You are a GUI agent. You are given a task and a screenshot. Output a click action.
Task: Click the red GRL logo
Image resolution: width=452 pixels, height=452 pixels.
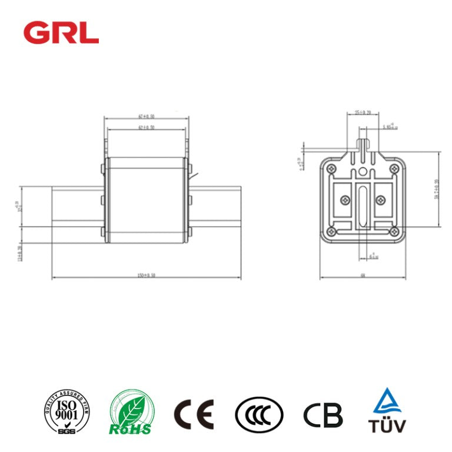[x=61, y=32]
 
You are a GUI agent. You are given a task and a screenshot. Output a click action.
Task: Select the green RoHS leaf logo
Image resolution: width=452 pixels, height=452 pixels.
[x=132, y=414]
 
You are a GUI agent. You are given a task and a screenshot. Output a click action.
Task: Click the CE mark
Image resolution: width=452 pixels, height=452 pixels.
[x=194, y=414]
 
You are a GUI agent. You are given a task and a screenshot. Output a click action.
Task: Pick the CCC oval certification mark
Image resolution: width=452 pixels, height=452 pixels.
[x=259, y=415]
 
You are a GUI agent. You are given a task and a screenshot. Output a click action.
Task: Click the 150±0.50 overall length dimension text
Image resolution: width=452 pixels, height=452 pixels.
[x=146, y=275]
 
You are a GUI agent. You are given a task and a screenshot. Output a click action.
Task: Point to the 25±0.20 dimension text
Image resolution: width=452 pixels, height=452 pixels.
[x=363, y=112]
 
